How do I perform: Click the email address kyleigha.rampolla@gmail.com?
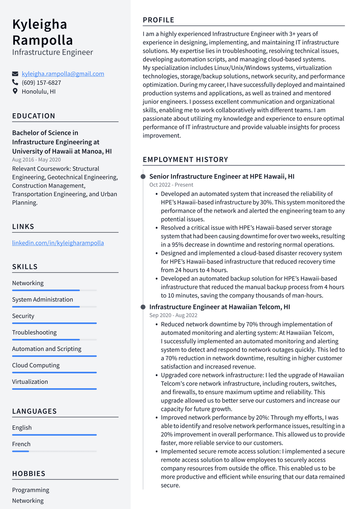click(x=63, y=74)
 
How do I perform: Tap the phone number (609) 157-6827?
click(x=41, y=83)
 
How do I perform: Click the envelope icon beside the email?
click(x=15, y=74)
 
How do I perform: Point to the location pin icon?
click(x=15, y=91)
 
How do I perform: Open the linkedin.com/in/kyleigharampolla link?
click(x=58, y=243)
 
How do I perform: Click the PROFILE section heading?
click(x=159, y=20)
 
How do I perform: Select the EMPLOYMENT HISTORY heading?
click(x=185, y=160)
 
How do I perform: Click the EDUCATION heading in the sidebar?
click(x=34, y=116)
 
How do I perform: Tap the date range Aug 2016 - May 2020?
click(x=37, y=160)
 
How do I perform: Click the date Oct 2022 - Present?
click(x=171, y=185)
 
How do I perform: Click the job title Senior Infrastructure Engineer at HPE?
click(x=222, y=177)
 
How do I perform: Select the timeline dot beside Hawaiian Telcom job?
click(x=143, y=307)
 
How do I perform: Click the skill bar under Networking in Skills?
click(x=54, y=290)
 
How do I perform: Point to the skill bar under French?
click(x=54, y=451)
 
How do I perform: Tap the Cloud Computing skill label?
click(x=36, y=365)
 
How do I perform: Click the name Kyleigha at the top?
click(x=40, y=25)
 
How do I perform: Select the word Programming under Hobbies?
click(x=31, y=490)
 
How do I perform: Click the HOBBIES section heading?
click(x=29, y=474)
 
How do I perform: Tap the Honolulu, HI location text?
click(x=39, y=91)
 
